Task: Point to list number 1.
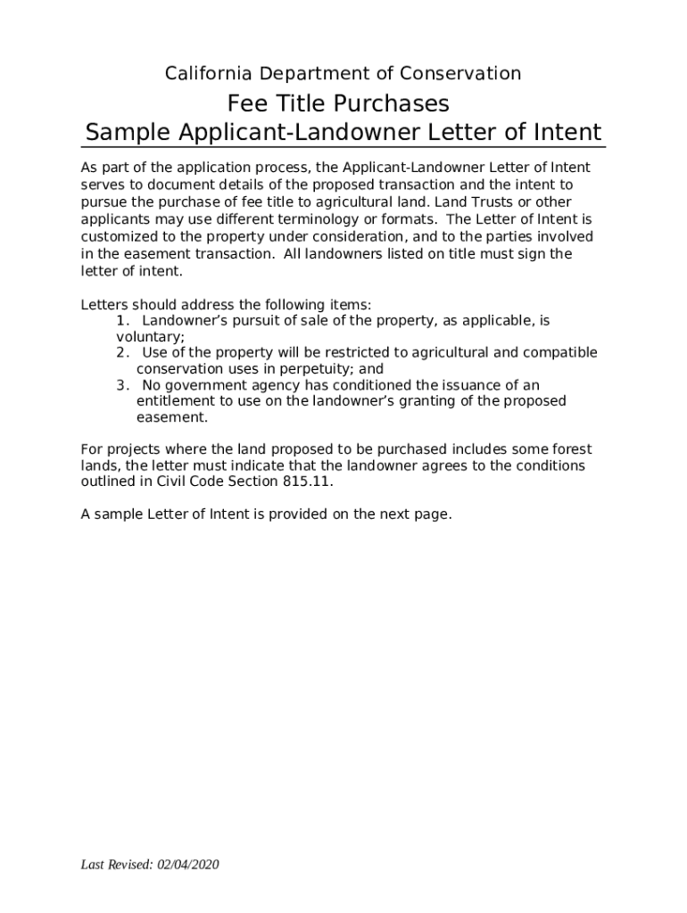tap(123, 320)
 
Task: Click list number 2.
tap(122, 353)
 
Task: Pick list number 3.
tap(122, 385)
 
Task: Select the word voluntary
tap(149, 337)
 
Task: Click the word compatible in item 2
tap(560, 353)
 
